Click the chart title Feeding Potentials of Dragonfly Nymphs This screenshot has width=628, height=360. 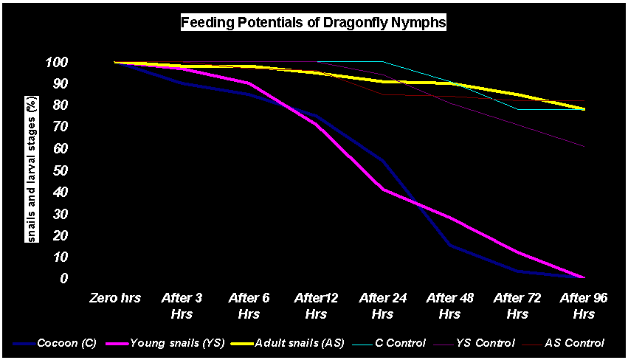coord(314,23)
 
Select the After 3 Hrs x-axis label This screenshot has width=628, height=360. coord(182,305)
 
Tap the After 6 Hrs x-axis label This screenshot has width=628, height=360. coord(248,305)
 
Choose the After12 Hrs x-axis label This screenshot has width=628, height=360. coord(315,305)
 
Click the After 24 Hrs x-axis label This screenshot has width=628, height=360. coord(382,305)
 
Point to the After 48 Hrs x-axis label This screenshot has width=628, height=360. coord(449,305)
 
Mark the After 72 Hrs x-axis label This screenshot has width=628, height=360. coord(515,305)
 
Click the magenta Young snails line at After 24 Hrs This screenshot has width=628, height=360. coord(382,189)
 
